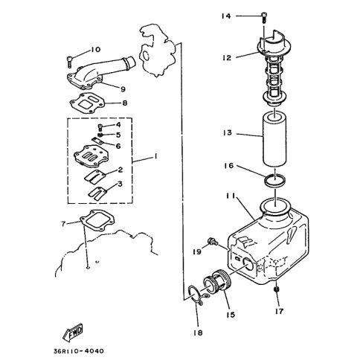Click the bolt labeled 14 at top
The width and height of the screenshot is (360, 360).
(x=264, y=18)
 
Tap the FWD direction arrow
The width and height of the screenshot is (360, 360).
(x=72, y=332)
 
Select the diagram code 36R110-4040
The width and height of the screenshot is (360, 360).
(x=78, y=351)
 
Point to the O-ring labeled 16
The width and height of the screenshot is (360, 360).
(x=275, y=181)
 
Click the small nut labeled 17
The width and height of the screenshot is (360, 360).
(x=277, y=289)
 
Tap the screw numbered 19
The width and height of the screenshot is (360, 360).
(x=213, y=241)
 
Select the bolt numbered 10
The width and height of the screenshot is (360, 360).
(x=69, y=62)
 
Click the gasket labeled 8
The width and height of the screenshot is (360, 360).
(x=87, y=103)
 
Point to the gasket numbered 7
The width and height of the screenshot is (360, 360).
(x=97, y=221)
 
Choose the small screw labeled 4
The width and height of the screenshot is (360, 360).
(x=100, y=128)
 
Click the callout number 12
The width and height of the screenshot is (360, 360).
(x=227, y=58)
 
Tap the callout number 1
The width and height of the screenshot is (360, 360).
(x=155, y=156)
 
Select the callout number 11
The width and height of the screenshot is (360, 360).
(x=231, y=196)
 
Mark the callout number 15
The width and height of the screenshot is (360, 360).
(x=231, y=315)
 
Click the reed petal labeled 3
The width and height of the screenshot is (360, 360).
(x=97, y=192)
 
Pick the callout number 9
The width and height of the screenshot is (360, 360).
(x=123, y=89)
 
